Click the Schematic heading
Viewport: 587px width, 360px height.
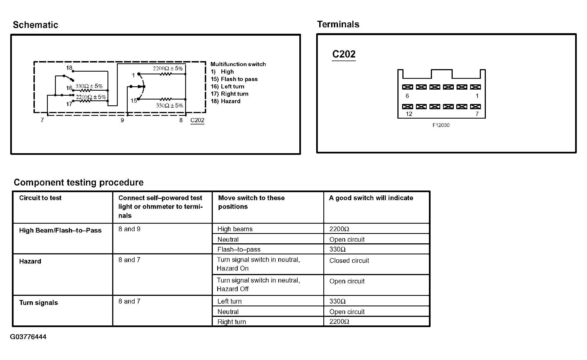[x=35, y=25]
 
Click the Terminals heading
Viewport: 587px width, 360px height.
[x=338, y=24]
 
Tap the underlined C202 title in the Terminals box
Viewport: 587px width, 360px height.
[x=344, y=54]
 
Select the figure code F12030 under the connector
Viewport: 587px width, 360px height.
[x=441, y=125]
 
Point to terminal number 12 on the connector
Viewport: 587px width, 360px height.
[x=409, y=114]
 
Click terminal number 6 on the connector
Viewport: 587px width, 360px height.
[x=407, y=96]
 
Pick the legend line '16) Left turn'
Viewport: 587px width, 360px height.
[x=227, y=87]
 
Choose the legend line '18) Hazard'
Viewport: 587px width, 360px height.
[x=226, y=101]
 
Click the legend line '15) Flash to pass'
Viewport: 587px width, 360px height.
[x=234, y=79]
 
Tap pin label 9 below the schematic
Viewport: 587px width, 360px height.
[x=122, y=120]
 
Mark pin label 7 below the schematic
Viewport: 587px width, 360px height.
[x=42, y=120]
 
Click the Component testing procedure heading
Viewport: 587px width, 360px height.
[x=78, y=182]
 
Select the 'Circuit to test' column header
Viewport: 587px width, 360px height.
[x=40, y=198]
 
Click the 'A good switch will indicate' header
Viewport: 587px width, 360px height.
[x=371, y=198]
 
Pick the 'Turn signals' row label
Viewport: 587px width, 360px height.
[x=38, y=303]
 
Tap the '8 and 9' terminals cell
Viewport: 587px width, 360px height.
[x=129, y=229]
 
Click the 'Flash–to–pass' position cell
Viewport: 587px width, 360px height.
[x=239, y=249]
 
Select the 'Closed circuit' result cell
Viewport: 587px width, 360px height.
[x=349, y=261]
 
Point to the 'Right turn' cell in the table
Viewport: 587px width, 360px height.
[x=232, y=322]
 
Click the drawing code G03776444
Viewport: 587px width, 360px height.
[x=28, y=337]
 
